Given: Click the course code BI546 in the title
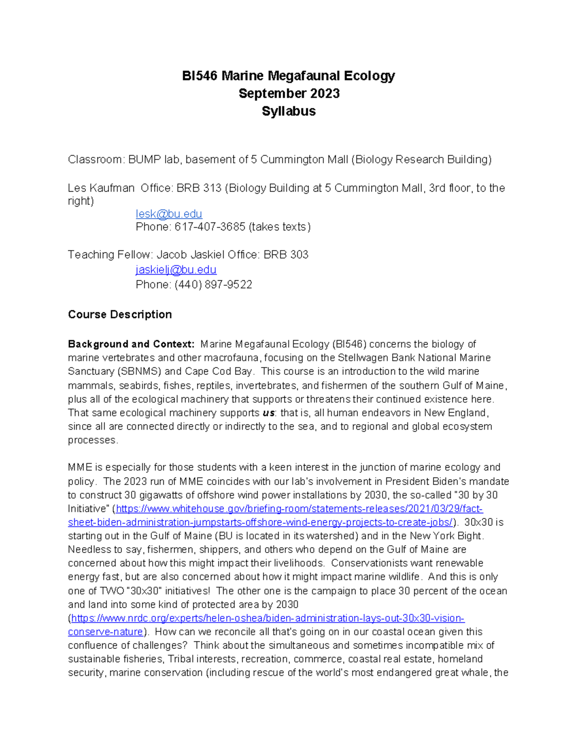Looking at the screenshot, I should pos(199,76).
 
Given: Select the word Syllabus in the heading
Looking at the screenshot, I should pos(289,111).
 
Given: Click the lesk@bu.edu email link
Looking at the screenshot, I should pos(169,214).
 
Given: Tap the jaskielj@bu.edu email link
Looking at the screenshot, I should pos(176,270).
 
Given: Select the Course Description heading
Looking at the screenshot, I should pos(119,315).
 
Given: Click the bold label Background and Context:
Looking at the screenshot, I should pos(131,344).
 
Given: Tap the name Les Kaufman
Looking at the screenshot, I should pos(101,188).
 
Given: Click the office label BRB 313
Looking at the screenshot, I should pos(198,188).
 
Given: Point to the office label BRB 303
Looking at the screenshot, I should pos(286,255).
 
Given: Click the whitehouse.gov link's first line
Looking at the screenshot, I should pos(299,509).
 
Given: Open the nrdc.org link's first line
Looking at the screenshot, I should pos(267,618).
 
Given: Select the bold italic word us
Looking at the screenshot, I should pos(268,413).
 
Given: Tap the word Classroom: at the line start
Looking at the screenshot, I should pos(96,160).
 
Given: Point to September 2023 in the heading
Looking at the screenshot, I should pos(289,93).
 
